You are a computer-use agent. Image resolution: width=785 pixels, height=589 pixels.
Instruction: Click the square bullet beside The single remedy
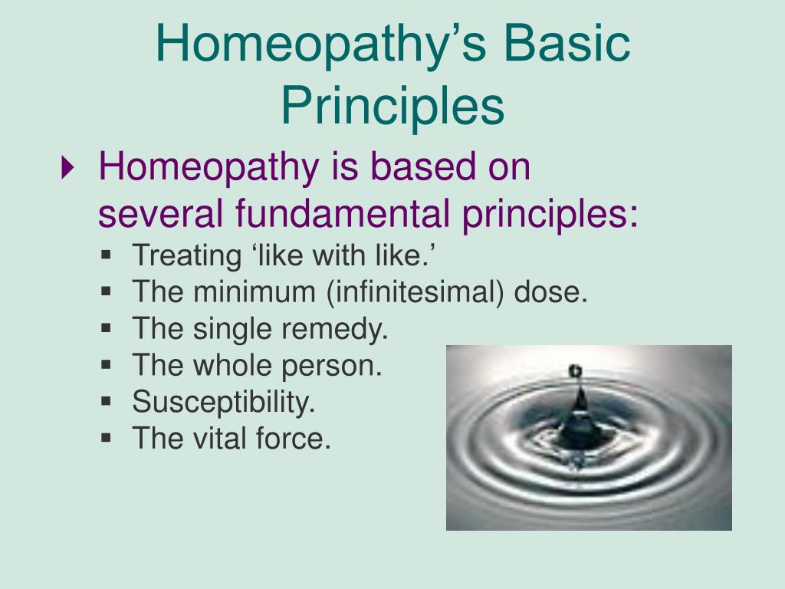tap(106, 327)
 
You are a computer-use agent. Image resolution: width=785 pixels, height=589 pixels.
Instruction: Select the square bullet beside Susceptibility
tap(106, 400)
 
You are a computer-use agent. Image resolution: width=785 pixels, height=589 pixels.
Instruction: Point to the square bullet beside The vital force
tap(106, 437)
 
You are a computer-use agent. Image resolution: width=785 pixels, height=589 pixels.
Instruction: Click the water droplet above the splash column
tap(575, 372)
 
